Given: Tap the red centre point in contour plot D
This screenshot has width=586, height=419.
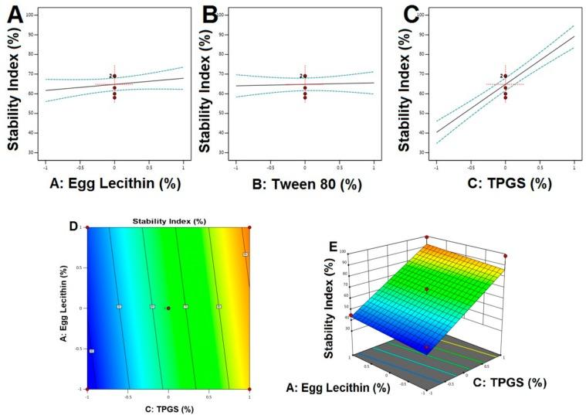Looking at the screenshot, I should pyautogui.click(x=168, y=308).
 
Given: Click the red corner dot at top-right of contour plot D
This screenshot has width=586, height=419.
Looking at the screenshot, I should pyautogui.click(x=249, y=227).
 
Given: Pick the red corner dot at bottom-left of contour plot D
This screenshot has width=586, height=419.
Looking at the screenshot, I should pyautogui.click(x=87, y=389).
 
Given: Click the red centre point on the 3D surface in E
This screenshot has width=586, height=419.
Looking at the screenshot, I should pyautogui.click(x=427, y=289).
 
